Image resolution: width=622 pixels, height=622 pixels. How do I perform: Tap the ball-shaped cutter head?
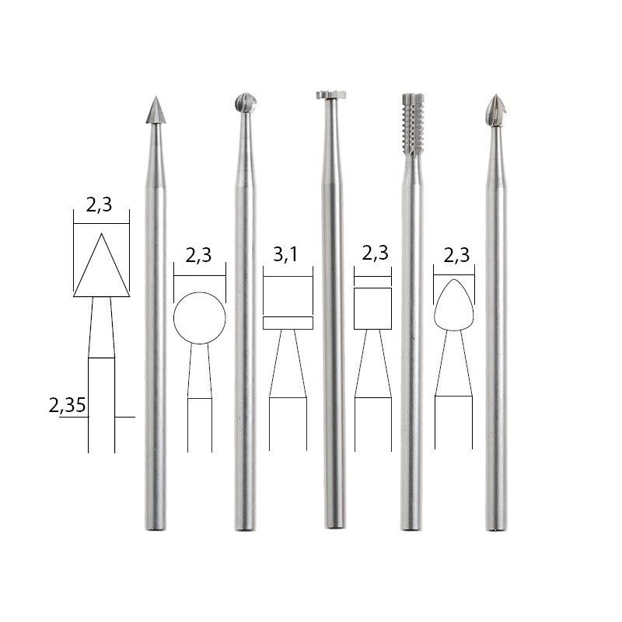[246, 103]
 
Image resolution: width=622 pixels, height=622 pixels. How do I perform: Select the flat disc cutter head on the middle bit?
[331, 95]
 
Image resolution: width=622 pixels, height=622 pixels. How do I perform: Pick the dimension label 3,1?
[285, 255]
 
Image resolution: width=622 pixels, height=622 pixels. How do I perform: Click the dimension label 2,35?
[67, 405]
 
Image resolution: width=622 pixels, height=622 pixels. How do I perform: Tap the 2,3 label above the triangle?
[100, 205]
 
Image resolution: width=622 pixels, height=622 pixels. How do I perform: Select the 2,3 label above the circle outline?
[198, 256]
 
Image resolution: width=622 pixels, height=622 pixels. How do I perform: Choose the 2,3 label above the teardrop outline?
[456, 256]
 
